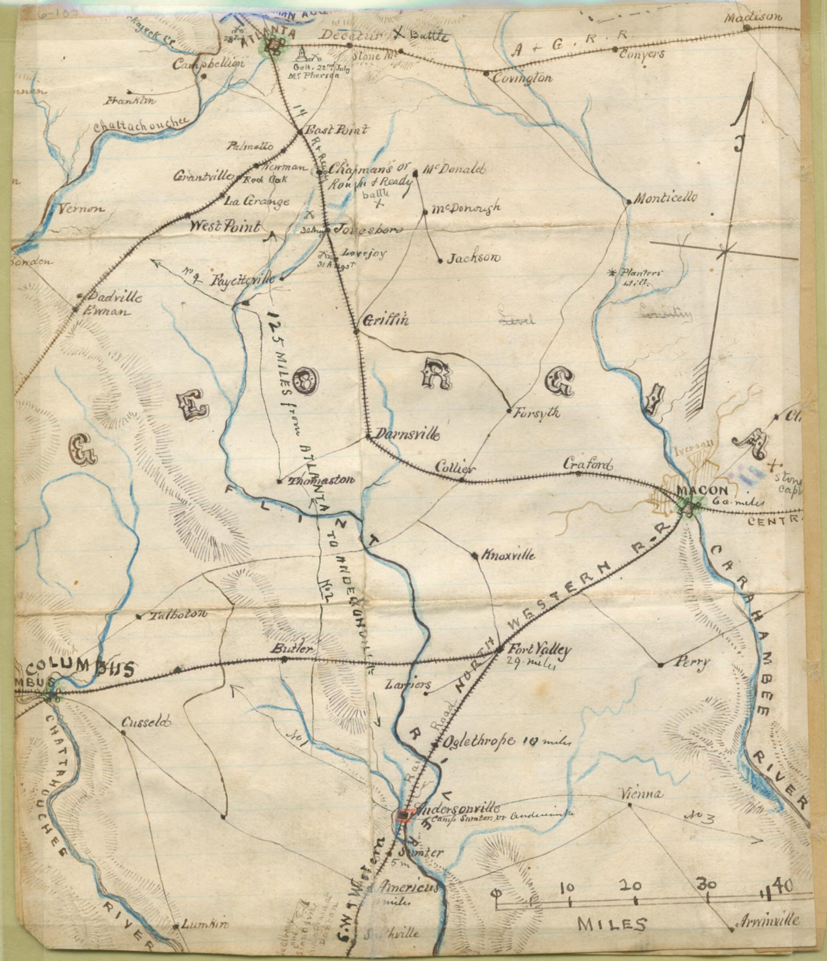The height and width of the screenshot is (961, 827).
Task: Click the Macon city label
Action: [x=696, y=490]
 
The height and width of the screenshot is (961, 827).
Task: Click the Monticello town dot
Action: [x=628, y=201]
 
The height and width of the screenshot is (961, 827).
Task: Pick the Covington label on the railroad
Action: [x=522, y=77]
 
